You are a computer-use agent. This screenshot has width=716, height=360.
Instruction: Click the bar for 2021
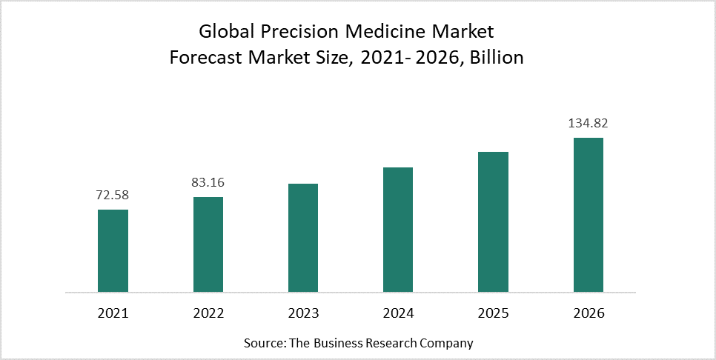[113, 250]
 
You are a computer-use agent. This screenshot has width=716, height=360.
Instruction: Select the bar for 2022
[208, 244]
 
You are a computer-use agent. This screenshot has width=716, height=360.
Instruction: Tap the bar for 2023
[303, 237]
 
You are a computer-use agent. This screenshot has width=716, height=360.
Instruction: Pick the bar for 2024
[398, 229]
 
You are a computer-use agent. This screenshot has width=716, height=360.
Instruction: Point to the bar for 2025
[493, 221]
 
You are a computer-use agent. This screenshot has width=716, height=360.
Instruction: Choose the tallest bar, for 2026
[589, 214]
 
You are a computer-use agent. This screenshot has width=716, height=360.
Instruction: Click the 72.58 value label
[113, 196]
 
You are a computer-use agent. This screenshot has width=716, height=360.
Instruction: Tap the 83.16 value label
[208, 183]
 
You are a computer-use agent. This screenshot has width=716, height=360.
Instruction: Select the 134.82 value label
[589, 123]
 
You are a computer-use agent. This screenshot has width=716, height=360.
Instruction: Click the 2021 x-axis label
[113, 313]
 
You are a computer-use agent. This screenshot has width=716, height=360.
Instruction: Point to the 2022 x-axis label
[208, 313]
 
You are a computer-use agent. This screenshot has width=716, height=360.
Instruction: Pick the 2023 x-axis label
[303, 313]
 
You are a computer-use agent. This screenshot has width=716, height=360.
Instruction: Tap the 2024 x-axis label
[398, 313]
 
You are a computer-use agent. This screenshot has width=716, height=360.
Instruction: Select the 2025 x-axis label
[493, 313]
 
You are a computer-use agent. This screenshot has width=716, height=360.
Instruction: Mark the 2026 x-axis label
[589, 313]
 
